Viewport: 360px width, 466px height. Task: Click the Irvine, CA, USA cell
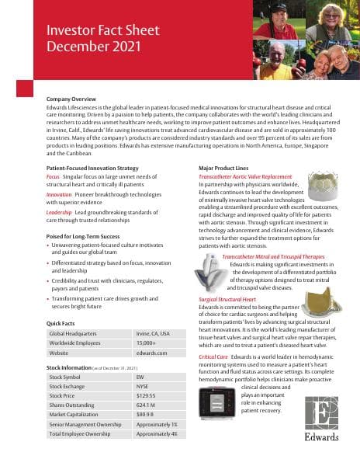[153, 332]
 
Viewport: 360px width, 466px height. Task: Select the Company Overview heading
[71, 100]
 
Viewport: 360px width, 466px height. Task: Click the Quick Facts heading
[61, 322]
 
